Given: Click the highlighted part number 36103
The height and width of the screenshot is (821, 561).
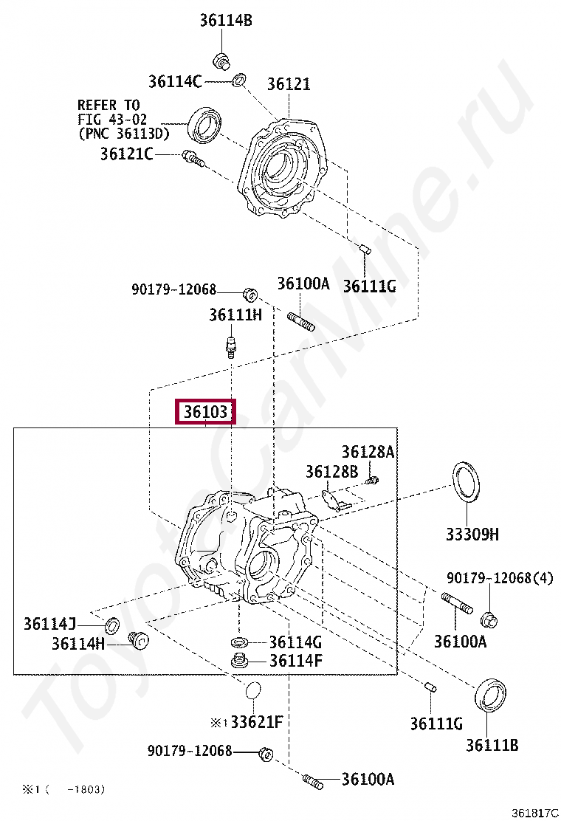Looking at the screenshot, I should [x=204, y=412].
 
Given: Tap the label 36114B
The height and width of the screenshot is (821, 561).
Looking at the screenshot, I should [x=225, y=21].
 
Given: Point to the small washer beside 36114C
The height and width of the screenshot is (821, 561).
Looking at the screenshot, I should [x=239, y=80].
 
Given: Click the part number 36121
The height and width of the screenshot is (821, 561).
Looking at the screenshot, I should [x=289, y=84].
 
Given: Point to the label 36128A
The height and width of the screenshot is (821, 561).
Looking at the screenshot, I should [x=367, y=452].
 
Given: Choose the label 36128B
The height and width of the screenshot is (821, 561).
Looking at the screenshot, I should [x=331, y=471].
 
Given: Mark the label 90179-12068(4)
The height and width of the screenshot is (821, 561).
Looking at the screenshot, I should [x=499, y=578].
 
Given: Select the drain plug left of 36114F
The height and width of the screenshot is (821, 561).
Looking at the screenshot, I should [x=240, y=661].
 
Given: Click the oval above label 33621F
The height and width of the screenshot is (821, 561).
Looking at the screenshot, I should [x=252, y=692].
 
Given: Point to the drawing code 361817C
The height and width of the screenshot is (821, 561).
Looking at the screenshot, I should [x=534, y=812].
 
